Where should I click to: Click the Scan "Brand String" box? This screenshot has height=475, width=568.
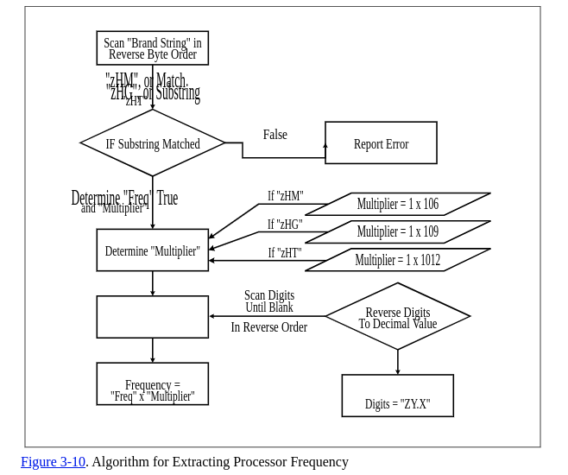(x=152, y=48)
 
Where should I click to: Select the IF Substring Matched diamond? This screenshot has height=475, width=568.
(x=152, y=143)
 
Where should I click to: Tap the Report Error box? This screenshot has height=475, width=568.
(x=381, y=143)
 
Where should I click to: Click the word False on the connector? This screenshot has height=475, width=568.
(x=275, y=135)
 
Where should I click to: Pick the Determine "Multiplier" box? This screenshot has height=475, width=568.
(x=152, y=250)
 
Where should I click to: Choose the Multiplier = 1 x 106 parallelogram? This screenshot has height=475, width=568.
(x=398, y=205)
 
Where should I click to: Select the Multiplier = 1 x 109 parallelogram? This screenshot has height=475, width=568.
(x=398, y=232)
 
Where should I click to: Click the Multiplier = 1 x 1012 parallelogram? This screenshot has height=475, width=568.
(x=398, y=260)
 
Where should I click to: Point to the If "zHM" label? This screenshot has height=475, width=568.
(x=285, y=197)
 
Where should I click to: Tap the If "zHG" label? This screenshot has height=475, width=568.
(x=284, y=225)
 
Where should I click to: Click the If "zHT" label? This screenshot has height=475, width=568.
(x=284, y=253)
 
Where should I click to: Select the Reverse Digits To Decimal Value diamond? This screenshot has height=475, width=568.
(x=397, y=317)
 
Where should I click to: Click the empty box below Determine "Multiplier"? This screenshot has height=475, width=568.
(x=152, y=317)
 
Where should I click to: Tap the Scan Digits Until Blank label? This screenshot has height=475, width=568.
(x=268, y=301)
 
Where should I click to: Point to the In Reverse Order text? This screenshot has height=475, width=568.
(x=268, y=327)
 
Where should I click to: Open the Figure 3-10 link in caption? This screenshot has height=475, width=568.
(x=53, y=462)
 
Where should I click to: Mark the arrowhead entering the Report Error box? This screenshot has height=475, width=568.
(x=325, y=146)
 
